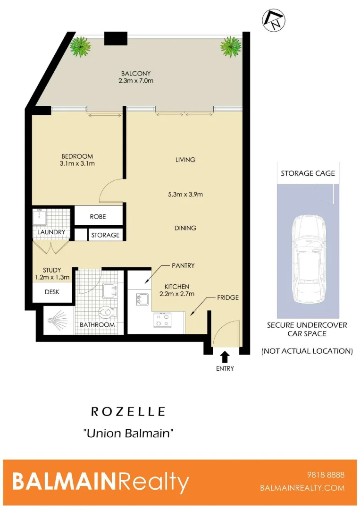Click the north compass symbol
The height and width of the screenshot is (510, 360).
[x=274, y=20]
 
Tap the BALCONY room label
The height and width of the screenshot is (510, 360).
[x=136, y=77]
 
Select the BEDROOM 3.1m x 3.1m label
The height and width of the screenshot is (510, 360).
[x=77, y=160]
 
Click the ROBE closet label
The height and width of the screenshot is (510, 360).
[x=98, y=217]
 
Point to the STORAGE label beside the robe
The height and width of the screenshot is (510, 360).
[x=105, y=235]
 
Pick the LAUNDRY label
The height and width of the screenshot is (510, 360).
[x=51, y=232]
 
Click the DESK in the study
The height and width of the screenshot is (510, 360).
[x=52, y=292]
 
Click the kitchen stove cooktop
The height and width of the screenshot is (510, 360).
[x=163, y=321]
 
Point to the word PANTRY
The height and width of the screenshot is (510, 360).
[x=183, y=266]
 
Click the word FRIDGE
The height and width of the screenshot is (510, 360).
[x=228, y=298]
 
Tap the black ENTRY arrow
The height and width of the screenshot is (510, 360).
[x=225, y=356]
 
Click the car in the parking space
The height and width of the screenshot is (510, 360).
[x=308, y=260]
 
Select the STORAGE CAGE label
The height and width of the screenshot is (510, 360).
[x=308, y=173]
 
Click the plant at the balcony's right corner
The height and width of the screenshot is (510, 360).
[x=231, y=46]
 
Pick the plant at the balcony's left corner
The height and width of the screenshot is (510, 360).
[x=81, y=46]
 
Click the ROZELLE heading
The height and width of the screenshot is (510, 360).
[x=128, y=412]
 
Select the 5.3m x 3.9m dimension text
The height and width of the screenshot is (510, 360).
[x=185, y=194]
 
